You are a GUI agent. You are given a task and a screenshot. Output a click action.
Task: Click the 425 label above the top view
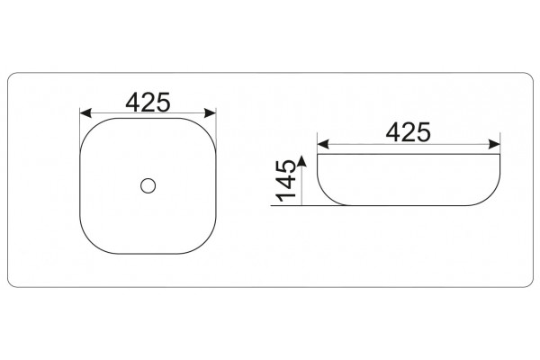click(x=148, y=102)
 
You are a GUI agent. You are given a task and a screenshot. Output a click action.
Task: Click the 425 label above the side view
click(x=408, y=132)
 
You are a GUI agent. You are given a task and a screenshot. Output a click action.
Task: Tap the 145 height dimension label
click(x=286, y=181)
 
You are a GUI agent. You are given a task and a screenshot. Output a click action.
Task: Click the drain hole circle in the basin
click(x=148, y=185)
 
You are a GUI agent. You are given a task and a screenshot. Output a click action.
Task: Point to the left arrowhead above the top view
click(x=85, y=113)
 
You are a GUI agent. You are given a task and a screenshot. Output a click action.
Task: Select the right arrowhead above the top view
click(x=210, y=113)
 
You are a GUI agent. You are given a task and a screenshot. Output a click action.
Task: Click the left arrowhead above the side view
click(x=323, y=144)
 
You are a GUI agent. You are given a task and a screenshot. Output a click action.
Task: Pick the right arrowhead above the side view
click(x=494, y=144)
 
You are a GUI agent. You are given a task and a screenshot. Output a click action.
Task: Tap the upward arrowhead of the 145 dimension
click(x=302, y=161)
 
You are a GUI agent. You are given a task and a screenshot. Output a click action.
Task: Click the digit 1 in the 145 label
click(x=286, y=197)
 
